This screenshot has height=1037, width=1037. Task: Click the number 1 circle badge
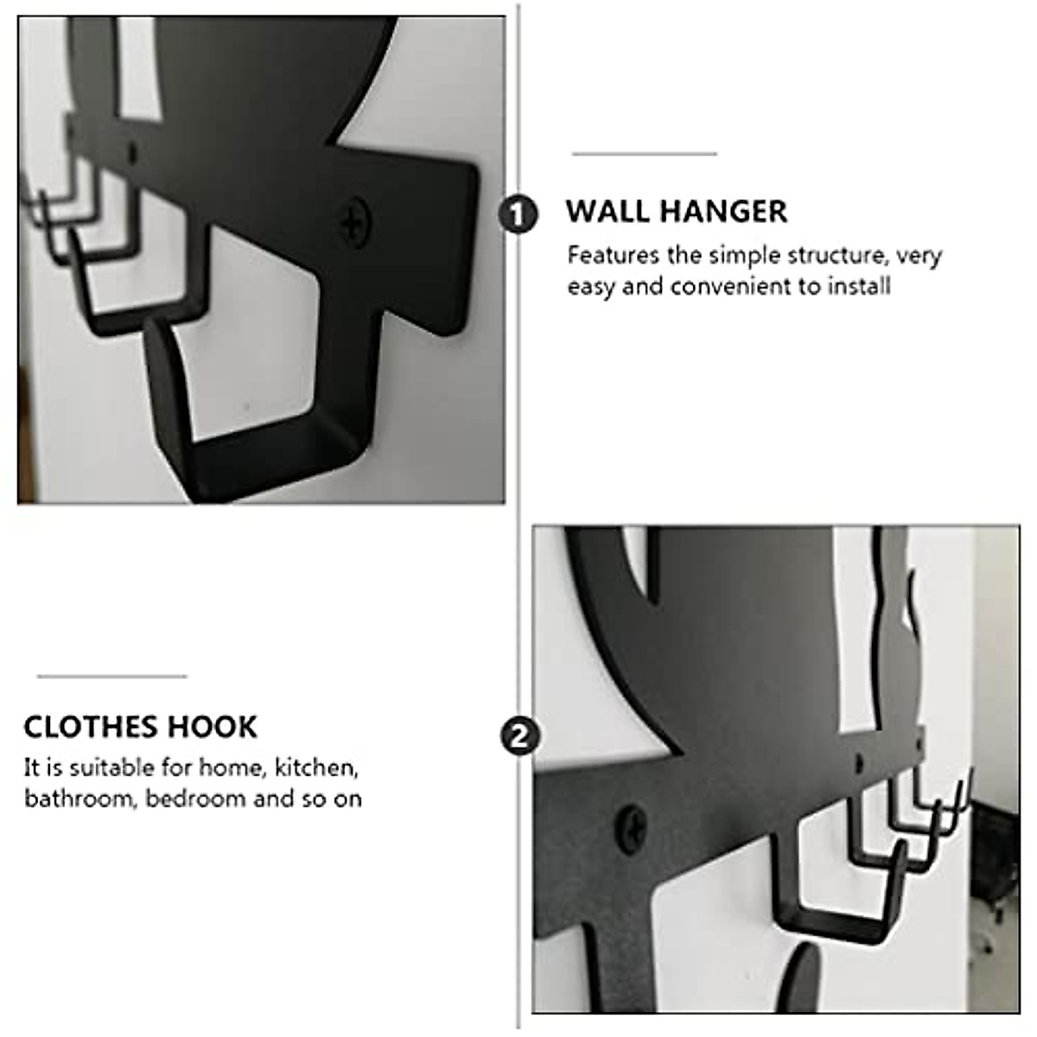click(518, 214)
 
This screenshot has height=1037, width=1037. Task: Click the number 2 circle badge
click(519, 737)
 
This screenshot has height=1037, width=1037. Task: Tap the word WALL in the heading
click(605, 212)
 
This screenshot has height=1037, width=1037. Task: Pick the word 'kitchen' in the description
click(315, 767)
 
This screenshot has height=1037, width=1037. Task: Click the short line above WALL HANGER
click(645, 154)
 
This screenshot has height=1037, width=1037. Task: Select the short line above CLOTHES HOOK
click(112, 676)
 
